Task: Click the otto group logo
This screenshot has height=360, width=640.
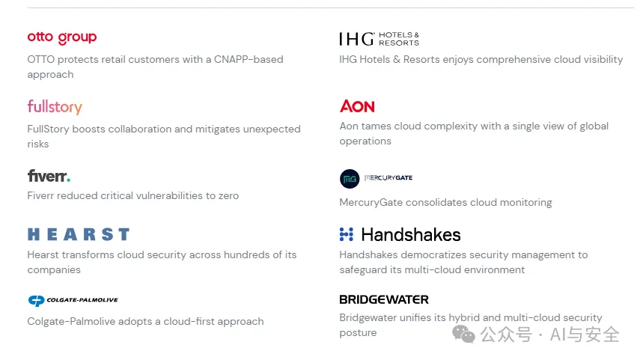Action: click(62, 37)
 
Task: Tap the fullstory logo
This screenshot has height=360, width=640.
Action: click(55, 107)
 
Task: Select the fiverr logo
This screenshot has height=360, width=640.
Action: click(49, 176)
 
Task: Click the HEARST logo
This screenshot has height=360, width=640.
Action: click(79, 234)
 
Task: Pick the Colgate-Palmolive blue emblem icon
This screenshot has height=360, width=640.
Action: click(37, 300)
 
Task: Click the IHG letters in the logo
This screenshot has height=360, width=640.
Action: click(357, 39)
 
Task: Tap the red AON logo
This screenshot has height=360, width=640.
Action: click(357, 106)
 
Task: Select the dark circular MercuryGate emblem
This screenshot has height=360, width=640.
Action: click(350, 179)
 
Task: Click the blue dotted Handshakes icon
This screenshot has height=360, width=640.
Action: click(347, 234)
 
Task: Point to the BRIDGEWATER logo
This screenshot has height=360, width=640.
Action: click(384, 299)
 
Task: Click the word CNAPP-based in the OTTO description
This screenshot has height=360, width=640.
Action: click(249, 60)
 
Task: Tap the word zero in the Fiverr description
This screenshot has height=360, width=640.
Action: click(228, 196)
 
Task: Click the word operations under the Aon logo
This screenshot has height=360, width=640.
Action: click(365, 141)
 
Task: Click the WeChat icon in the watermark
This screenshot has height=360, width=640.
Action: click(463, 335)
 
